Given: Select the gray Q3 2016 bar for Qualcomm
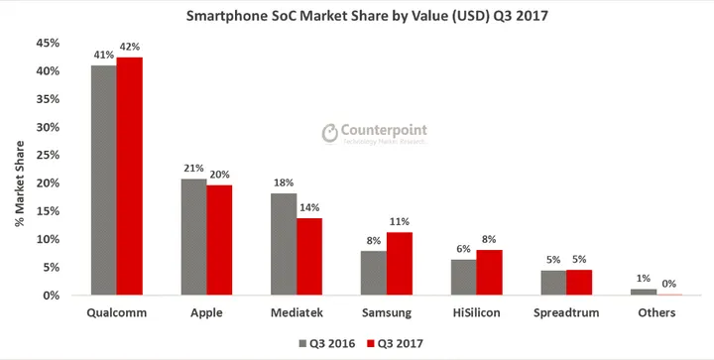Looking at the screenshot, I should click(x=103, y=180).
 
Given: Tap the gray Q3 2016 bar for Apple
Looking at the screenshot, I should click(x=193, y=237).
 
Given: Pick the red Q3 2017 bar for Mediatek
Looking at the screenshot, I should click(x=309, y=257).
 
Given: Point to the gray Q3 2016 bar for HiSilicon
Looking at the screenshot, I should click(x=462, y=278).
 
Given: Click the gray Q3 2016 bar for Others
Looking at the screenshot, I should click(x=643, y=292).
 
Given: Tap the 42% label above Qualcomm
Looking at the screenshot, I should click(x=131, y=47).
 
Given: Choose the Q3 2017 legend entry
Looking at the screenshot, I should click(x=394, y=343).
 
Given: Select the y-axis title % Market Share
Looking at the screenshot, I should click(x=19, y=170).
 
